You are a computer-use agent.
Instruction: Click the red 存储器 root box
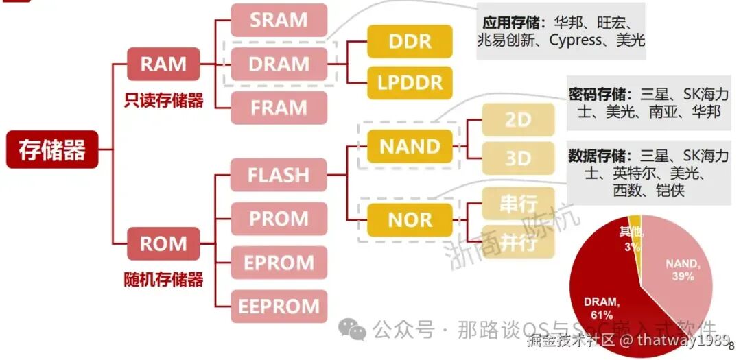[52, 150]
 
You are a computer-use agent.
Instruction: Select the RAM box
[163, 64]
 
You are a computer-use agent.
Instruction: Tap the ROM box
[163, 244]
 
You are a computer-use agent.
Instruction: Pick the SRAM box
[279, 20]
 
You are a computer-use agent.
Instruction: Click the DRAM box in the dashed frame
[279, 64]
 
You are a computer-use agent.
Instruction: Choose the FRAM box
[279, 108]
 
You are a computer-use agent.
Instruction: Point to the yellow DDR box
[410, 42]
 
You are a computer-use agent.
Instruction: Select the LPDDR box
[410, 84]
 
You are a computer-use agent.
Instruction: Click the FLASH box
[279, 175]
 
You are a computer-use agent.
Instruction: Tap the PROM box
[279, 219]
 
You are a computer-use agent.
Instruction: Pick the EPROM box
[279, 263]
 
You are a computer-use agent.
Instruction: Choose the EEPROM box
[279, 307]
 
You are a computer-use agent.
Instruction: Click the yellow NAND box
[410, 147]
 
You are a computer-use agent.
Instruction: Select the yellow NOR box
[410, 220]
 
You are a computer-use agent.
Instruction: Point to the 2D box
[518, 120]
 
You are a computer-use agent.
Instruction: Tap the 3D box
[518, 158]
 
